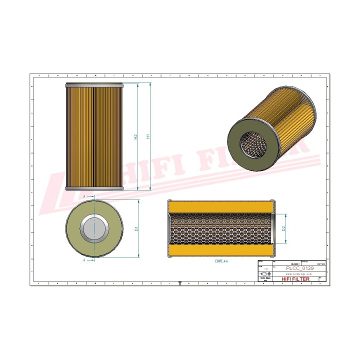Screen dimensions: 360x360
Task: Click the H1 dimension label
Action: tap(148, 136)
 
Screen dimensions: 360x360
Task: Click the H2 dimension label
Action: tap(135, 136)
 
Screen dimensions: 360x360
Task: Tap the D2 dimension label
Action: tap(283, 228)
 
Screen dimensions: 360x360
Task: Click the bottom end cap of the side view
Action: tap(94, 188)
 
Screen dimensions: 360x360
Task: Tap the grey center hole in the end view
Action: tap(94, 228)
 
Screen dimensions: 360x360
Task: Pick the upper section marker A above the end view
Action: tap(84, 197)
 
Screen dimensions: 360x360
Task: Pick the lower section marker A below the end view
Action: tap(84, 260)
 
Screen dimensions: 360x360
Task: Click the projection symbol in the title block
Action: tap(265, 274)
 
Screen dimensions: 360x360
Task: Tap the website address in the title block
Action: tap(298, 274)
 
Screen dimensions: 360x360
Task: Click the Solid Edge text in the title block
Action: tap(265, 279)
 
